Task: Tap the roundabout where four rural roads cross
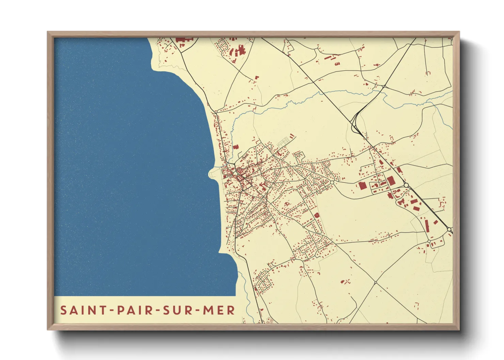(375, 282)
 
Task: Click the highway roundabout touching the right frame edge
(450, 230)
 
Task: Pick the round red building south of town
(317, 215)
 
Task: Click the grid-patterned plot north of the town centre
(283, 142)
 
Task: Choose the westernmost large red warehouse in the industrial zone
(362, 185)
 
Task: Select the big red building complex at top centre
(239, 51)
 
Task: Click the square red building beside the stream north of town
(236, 147)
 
